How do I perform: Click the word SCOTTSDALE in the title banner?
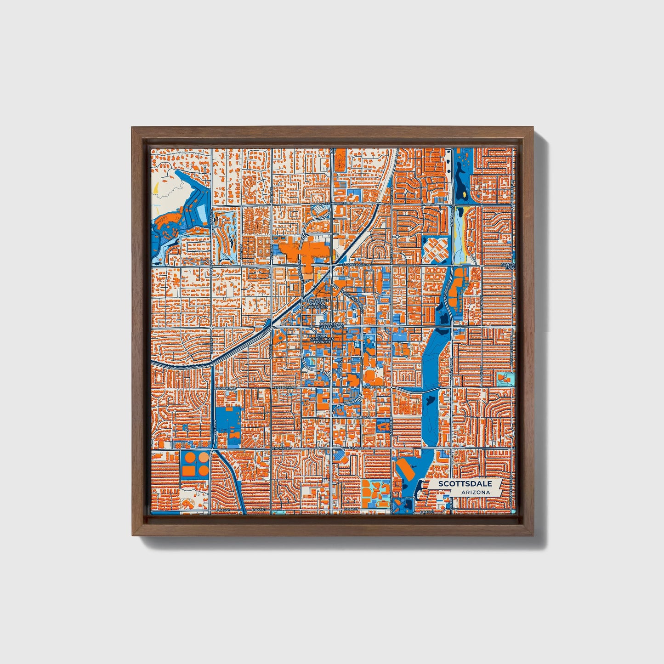coord(465,484)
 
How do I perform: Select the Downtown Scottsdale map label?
coord(331,325)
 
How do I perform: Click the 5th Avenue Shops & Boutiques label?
coord(317,304)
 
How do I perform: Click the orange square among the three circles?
coord(187,471)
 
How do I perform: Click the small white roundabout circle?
coord(397,236)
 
